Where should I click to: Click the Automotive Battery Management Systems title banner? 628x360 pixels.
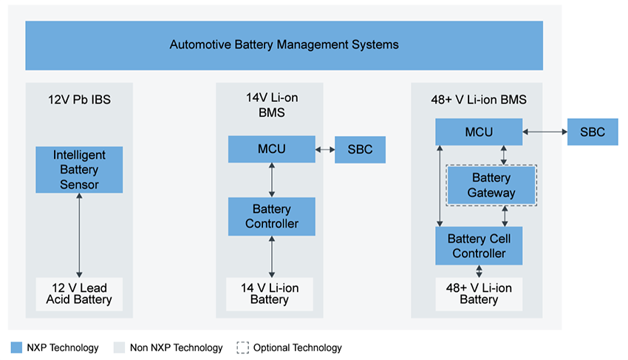[284, 45]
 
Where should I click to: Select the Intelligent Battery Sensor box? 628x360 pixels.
[79, 170]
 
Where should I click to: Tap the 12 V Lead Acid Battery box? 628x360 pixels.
[79, 293]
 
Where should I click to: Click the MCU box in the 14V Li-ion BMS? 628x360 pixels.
[272, 149]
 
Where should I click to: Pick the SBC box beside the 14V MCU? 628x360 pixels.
[360, 149]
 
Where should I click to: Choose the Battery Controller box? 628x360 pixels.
[272, 217]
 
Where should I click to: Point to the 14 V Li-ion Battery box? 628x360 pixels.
[270, 293]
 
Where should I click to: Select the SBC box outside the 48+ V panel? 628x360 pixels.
[592, 132]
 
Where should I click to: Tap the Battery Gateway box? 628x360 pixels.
[491, 186]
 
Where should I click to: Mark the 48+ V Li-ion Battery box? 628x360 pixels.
[479, 293]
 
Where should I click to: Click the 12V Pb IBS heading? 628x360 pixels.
[79, 100]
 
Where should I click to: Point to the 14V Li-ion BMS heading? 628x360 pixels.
[272, 106]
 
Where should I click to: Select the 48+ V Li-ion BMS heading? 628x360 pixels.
[479, 100]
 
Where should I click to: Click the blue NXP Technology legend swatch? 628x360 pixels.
[16, 347]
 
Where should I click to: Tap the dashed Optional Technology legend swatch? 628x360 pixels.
[242, 347]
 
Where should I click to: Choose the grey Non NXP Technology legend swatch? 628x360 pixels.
[119, 347]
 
